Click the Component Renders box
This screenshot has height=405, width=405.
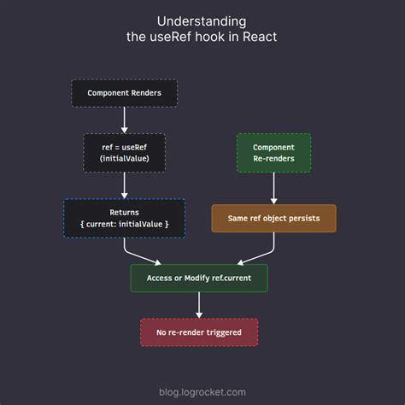(124, 92)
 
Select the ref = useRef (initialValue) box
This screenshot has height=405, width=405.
(125, 152)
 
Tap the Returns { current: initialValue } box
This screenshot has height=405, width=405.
(124, 218)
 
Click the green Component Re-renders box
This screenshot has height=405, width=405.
(273, 153)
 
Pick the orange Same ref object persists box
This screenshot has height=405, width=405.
(273, 218)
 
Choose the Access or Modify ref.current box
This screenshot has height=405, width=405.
(198, 278)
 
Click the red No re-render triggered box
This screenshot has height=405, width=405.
(198, 332)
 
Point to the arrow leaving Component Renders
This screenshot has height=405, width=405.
(125, 119)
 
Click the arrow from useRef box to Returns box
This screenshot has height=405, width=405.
(125, 185)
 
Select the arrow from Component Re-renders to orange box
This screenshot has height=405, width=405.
(273, 188)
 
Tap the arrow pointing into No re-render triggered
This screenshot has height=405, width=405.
(199, 305)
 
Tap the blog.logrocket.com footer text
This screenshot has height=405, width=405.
(202, 392)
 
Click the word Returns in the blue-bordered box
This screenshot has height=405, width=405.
(124, 211)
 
